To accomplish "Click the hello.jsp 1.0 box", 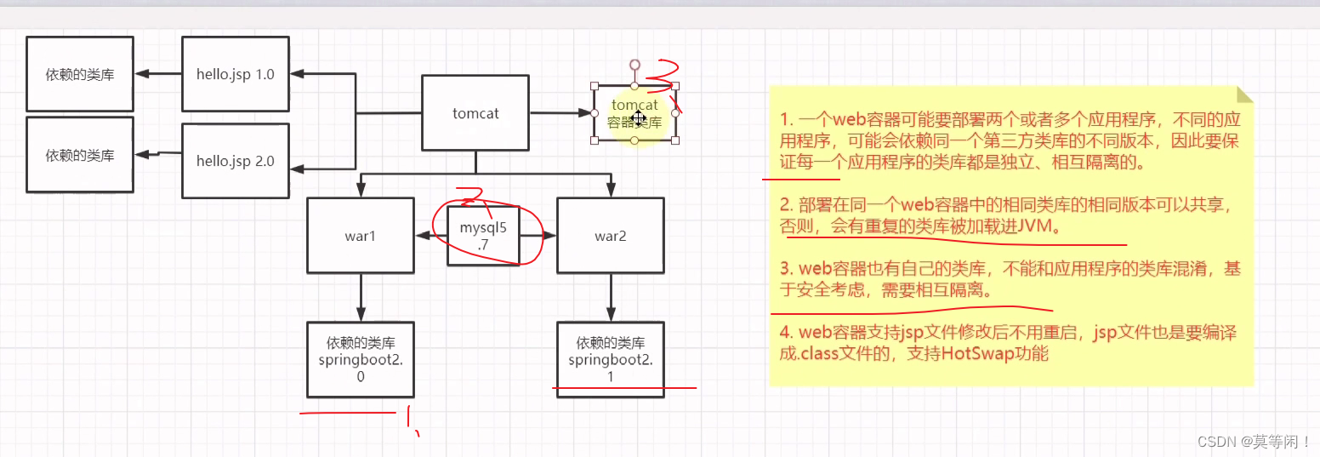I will click(x=236, y=74).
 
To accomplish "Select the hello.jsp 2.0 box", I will click(x=236, y=160).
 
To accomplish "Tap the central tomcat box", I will click(x=475, y=112).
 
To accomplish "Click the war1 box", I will click(x=360, y=236).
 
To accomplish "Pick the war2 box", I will click(x=610, y=236).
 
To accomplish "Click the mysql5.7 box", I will click(x=483, y=236).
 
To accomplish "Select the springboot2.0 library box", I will click(x=360, y=360).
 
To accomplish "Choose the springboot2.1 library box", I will click(x=610, y=360).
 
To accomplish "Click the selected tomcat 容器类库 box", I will click(x=634, y=113).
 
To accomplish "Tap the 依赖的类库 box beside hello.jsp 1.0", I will click(x=80, y=74).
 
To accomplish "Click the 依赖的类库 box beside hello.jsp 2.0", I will click(x=80, y=155).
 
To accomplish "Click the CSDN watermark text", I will click(x=1254, y=441).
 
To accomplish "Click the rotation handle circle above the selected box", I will click(x=634, y=64).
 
